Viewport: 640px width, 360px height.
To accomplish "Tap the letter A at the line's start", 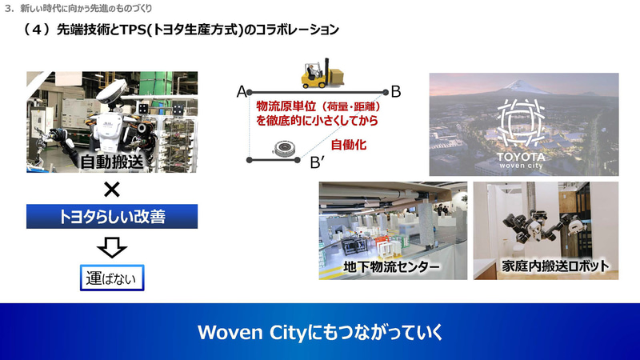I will (241, 92).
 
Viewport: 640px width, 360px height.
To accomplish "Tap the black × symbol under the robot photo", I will (112, 190).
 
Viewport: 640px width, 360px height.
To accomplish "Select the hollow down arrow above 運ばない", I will (112, 247).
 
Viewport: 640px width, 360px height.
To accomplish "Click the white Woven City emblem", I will (523, 120).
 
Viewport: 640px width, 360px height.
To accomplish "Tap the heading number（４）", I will (38, 30).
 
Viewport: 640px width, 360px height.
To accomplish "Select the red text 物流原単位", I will (282, 106).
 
